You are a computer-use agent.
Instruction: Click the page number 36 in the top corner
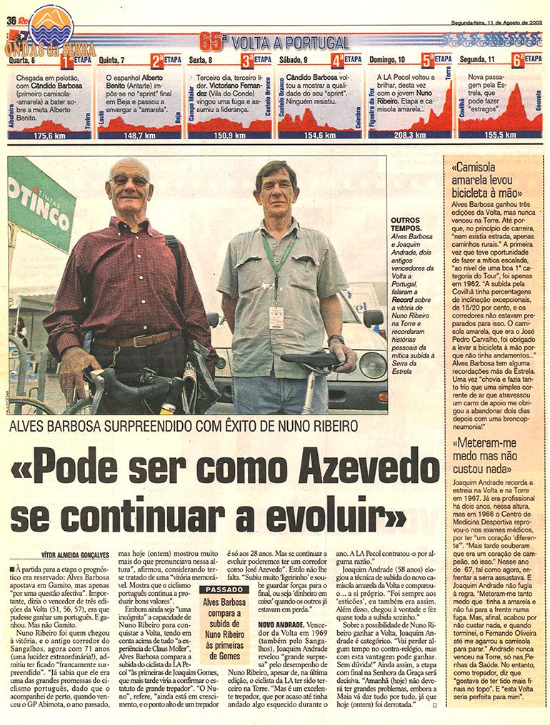tap(11, 19)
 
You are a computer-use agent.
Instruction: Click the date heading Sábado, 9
tap(297, 61)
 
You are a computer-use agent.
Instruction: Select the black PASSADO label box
tap(223, 590)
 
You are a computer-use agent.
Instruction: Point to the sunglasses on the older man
tap(129, 181)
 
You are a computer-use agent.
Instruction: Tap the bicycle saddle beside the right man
tap(311, 360)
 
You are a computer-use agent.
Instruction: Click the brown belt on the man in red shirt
tap(139, 339)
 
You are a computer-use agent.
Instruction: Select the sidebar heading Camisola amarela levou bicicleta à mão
tap(489, 180)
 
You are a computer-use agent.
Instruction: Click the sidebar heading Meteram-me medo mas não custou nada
tap(489, 456)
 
